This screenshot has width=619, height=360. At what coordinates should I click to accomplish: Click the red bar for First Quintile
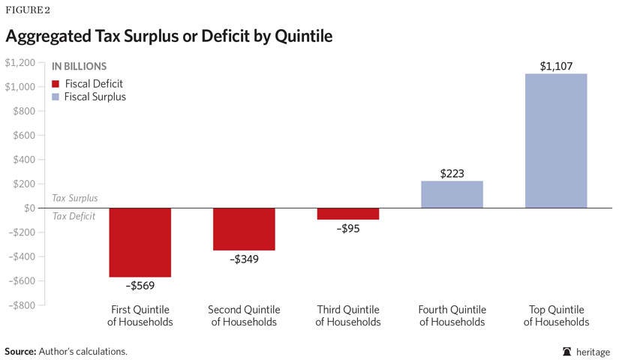coord(140,242)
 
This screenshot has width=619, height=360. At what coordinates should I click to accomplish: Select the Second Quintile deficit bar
coord(244,229)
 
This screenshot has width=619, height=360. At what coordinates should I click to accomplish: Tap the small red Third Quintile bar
coord(347,214)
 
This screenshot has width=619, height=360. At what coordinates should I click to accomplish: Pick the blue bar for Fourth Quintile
coord(452,194)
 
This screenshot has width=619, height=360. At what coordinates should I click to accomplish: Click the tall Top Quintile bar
coord(556,140)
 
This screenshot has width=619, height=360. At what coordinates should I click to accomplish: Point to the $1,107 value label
coord(556,66)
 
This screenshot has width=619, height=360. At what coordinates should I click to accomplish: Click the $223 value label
coord(452,173)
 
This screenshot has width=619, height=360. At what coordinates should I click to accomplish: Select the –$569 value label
coord(140,286)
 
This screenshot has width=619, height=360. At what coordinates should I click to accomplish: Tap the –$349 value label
coord(244,259)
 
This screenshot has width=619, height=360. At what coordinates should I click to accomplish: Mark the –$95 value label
coord(347,229)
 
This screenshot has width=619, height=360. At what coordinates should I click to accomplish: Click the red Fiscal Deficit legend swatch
coord(55,83)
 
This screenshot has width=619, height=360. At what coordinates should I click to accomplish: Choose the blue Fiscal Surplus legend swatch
coord(55,97)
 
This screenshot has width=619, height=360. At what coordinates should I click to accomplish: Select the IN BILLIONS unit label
coord(79,67)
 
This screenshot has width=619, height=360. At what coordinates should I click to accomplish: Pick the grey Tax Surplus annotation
coord(75,199)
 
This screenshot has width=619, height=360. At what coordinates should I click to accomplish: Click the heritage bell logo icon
coord(567,351)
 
